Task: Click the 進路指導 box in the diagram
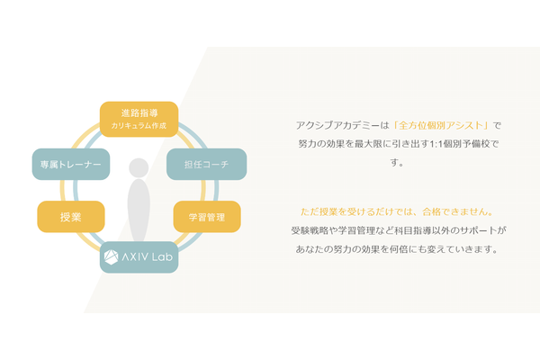coord(139,119)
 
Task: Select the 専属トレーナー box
coord(71,165)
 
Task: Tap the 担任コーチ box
coord(207,165)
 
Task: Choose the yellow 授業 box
coord(71,217)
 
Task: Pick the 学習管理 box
coord(207,217)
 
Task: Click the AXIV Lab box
coord(139,257)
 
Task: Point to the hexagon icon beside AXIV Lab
coord(112,257)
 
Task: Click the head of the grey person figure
coord(139,167)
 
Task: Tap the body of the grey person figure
coord(139,210)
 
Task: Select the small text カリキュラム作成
coord(139,126)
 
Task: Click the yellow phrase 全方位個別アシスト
coord(441,125)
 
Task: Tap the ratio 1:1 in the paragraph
coord(436,144)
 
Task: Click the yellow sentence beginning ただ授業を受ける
coord(398,211)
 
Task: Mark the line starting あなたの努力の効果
coord(397,248)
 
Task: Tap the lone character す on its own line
coord(395,162)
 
